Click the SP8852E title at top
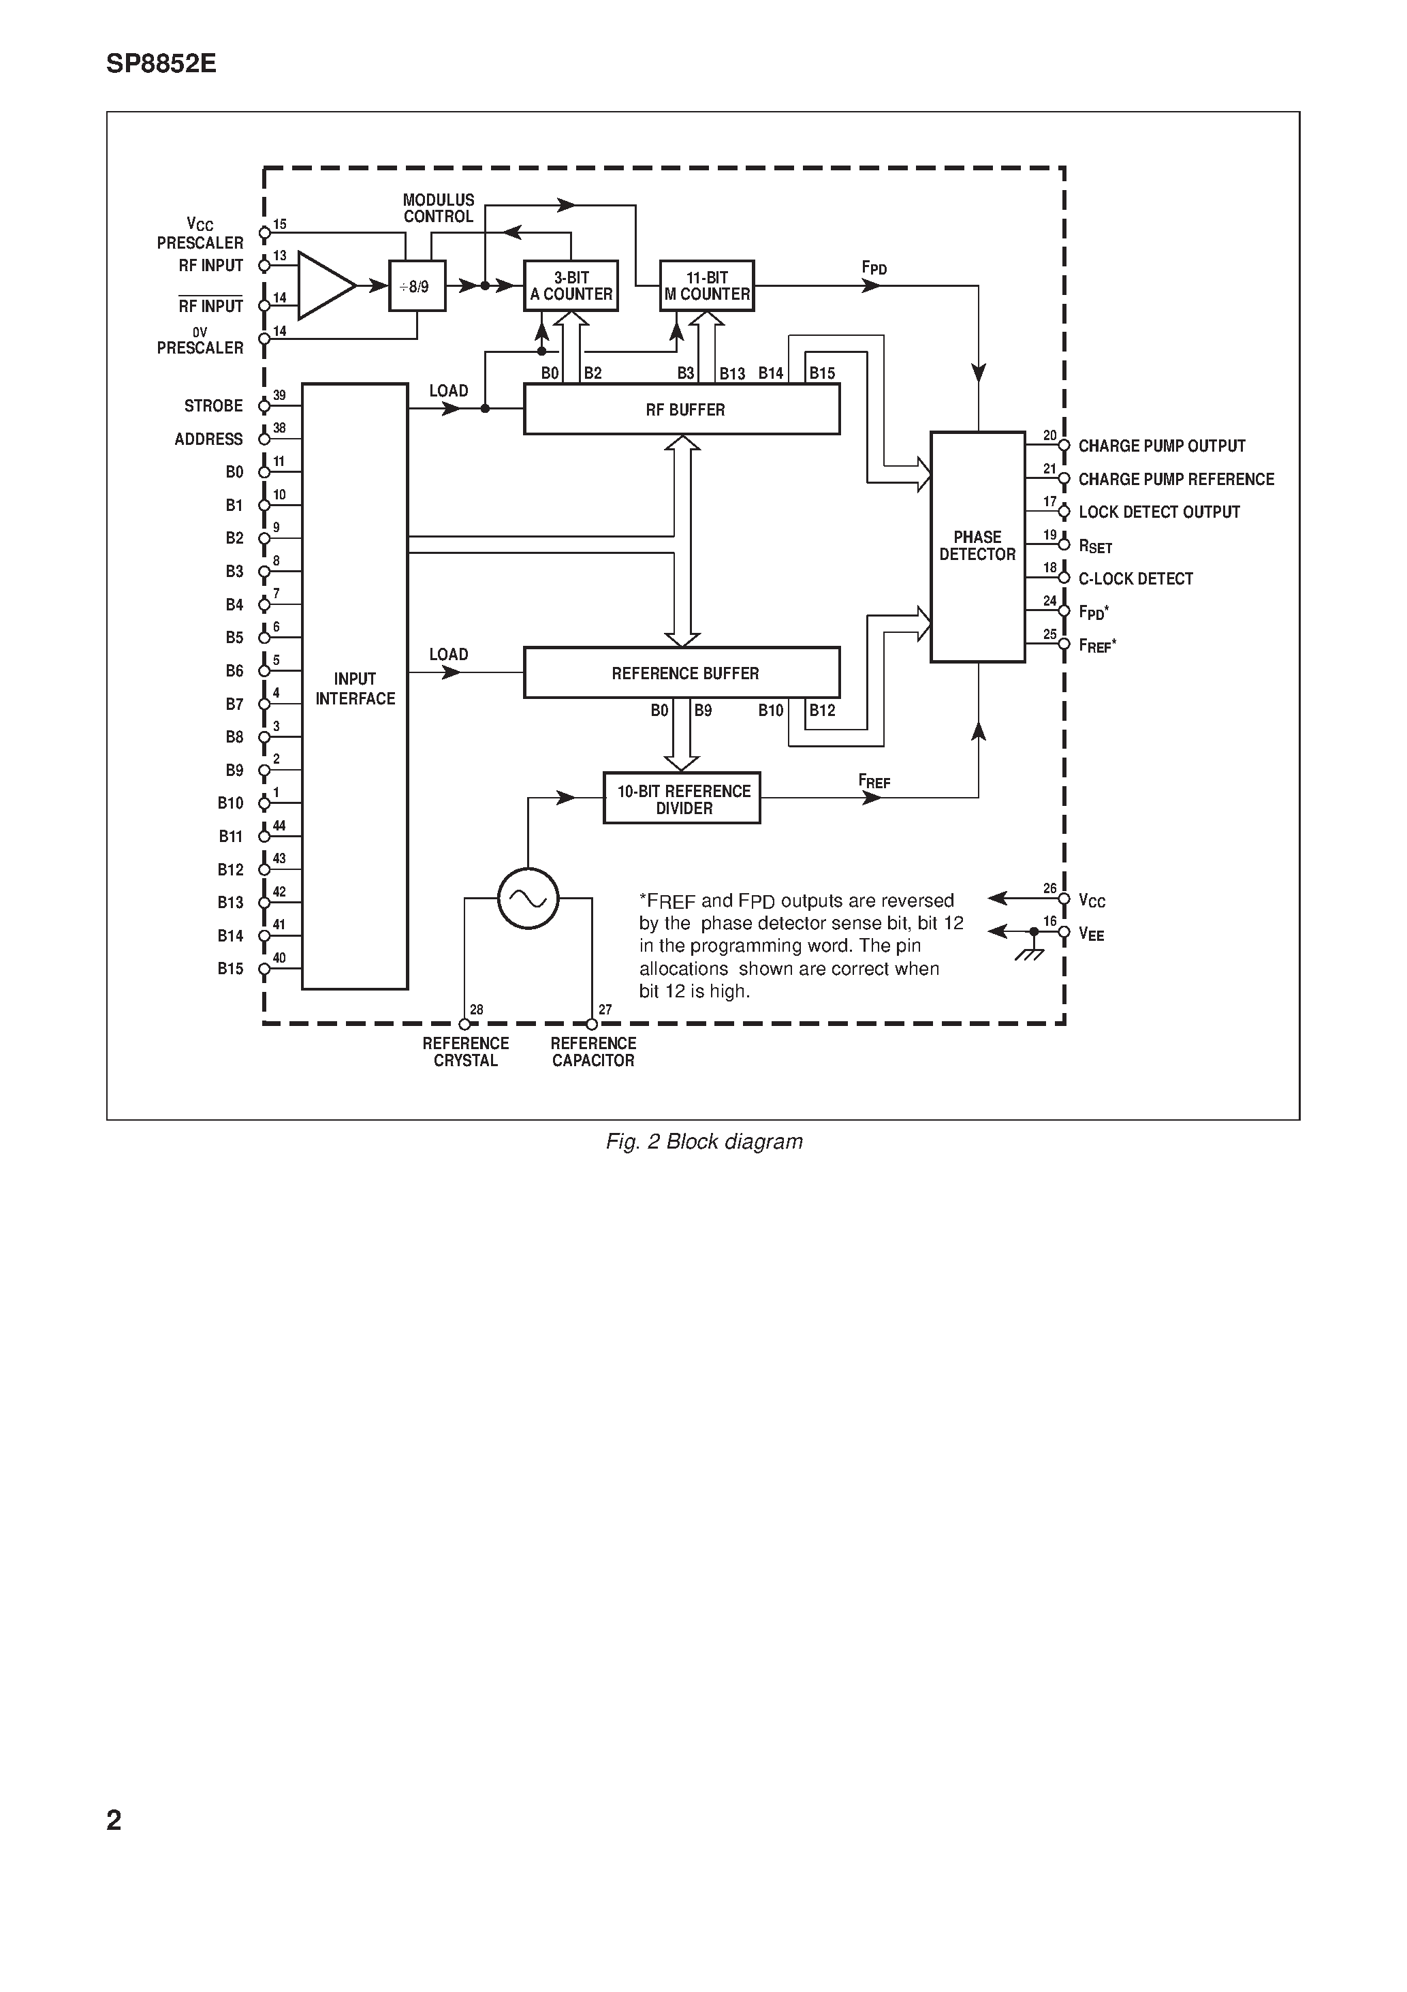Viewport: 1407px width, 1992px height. (x=161, y=64)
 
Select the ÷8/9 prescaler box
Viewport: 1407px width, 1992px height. (x=417, y=286)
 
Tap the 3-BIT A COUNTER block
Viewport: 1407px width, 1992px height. (x=571, y=286)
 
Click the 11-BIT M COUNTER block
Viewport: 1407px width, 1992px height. (x=707, y=286)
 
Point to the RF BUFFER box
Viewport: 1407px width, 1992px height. (x=682, y=409)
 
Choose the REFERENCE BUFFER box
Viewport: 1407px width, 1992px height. (x=682, y=673)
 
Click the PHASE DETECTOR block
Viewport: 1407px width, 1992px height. (x=978, y=546)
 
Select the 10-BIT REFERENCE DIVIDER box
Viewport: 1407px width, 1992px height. (x=682, y=799)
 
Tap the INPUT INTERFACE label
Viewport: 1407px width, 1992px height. (x=355, y=689)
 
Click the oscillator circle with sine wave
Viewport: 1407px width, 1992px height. (x=528, y=899)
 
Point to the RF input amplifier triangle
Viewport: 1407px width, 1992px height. (x=323, y=285)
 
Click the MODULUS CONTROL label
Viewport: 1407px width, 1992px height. (x=439, y=208)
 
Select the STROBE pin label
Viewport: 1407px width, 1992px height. (x=213, y=406)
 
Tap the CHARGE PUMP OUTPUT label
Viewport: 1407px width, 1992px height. (x=1162, y=446)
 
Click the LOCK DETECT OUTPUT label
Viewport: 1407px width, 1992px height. (x=1159, y=512)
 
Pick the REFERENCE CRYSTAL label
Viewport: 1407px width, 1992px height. (x=466, y=1052)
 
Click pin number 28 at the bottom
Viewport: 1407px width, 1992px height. (x=476, y=1010)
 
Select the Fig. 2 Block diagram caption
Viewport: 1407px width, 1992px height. (x=703, y=1142)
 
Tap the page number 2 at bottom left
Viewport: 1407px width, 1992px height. (x=114, y=1820)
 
